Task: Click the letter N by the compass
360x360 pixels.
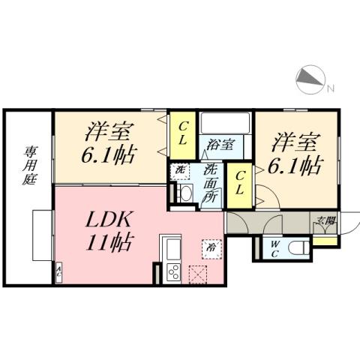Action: [329, 89]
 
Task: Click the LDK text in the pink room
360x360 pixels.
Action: [109, 220]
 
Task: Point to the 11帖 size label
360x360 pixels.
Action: [109, 243]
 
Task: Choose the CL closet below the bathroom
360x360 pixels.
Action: [238, 182]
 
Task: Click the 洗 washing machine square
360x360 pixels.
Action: [180, 171]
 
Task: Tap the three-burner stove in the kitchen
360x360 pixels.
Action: [172, 271]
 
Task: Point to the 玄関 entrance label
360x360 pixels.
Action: [324, 220]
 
